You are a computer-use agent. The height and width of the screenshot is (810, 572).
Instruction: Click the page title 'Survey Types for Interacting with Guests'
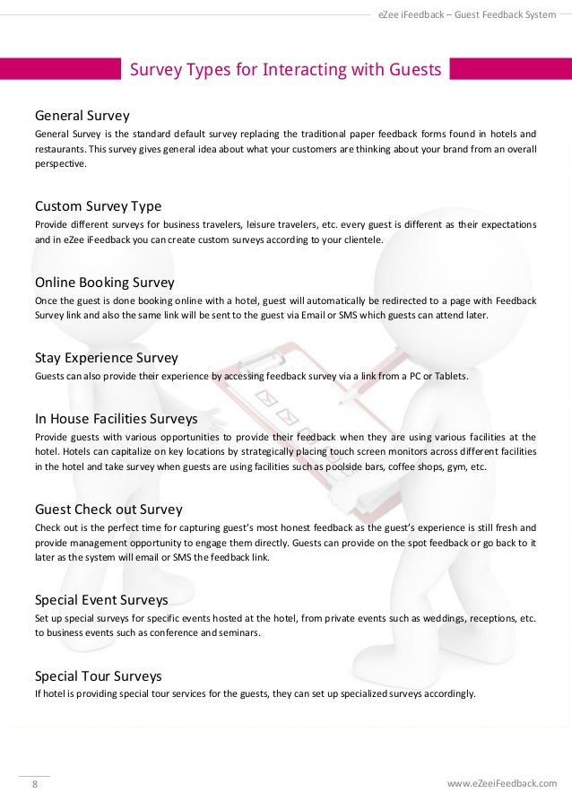(x=286, y=70)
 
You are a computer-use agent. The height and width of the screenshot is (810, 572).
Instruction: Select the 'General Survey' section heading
(x=82, y=116)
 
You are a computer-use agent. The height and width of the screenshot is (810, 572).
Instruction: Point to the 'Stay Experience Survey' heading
(x=106, y=359)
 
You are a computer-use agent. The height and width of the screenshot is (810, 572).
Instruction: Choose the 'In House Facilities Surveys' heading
(x=116, y=418)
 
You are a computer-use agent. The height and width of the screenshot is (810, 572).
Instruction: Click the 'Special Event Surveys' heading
(x=100, y=598)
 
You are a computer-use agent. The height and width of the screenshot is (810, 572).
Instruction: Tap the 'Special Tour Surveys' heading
(x=98, y=675)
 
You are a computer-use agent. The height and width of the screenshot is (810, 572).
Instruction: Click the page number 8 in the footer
(x=35, y=783)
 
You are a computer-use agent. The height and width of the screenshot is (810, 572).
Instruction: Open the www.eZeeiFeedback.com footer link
(x=501, y=783)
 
